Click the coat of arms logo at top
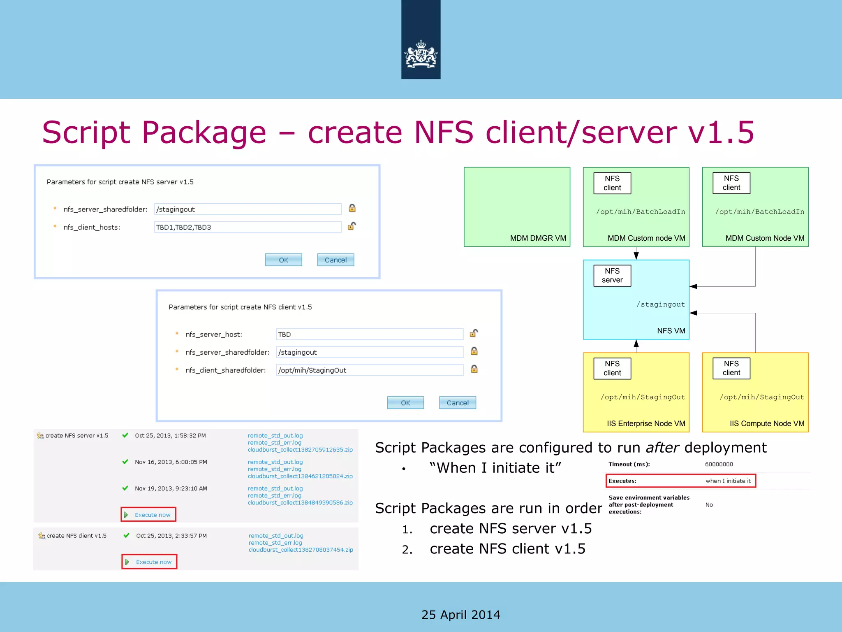tap(421, 55)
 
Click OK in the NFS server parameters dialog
tap(283, 260)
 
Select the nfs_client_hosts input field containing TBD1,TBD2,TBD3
tap(248, 227)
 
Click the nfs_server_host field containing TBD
tap(369, 335)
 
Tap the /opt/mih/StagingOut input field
tap(369, 370)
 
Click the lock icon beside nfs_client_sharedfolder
tap(474, 369)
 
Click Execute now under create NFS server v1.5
tap(149, 515)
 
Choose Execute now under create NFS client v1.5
tap(150, 562)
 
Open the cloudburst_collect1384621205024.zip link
tap(300, 476)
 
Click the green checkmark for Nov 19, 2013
tap(125, 488)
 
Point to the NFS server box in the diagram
tap(612, 276)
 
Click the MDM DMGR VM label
tap(538, 238)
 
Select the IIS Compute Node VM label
tap(767, 423)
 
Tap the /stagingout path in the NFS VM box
tap(661, 304)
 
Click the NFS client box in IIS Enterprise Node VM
tap(612, 368)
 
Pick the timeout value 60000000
tap(719, 464)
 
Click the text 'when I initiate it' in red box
tap(728, 481)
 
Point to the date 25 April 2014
tap(461, 615)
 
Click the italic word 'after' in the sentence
tap(662, 448)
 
